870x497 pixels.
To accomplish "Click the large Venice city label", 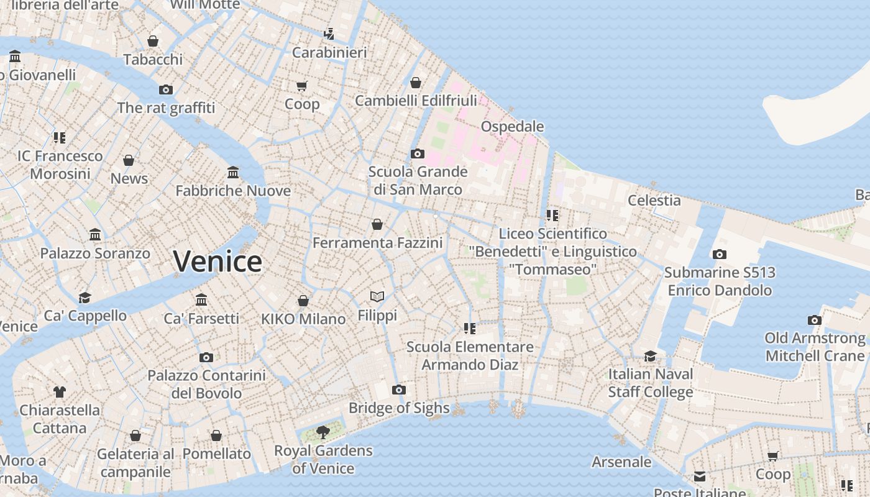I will tap(217, 261).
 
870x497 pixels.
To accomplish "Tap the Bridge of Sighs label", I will tap(399, 408).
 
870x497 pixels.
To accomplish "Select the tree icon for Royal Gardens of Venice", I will tap(323, 432).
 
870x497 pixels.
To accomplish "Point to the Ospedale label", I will tap(513, 127).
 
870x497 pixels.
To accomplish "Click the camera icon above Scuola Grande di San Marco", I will tap(418, 153).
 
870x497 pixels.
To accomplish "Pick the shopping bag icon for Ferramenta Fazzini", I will tap(377, 224).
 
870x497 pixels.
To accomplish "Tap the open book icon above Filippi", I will tap(377, 297).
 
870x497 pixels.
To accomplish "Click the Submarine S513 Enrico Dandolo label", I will tap(719, 281).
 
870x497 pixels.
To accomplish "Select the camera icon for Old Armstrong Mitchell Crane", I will tap(814, 321).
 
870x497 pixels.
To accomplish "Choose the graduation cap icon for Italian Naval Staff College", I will tap(650, 356).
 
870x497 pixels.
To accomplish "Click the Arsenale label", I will tap(621, 462).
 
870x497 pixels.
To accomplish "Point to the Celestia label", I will tap(654, 200).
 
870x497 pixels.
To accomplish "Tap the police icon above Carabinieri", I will tap(329, 34).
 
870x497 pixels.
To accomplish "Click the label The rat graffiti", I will tap(166, 107).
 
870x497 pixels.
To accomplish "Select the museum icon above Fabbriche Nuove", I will tap(233, 172).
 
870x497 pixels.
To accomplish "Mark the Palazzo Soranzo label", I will tap(95, 253).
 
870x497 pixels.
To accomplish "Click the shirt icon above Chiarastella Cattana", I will tap(59, 392).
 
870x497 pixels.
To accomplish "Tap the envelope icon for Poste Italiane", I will tap(700, 476).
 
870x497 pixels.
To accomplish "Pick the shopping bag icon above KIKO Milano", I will tap(303, 301).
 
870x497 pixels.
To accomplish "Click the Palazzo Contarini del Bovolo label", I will tap(206, 385).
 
